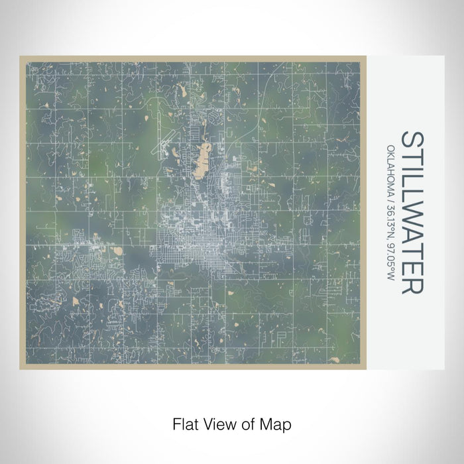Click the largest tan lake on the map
coord(202,161)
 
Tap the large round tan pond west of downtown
coord(118,251)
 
